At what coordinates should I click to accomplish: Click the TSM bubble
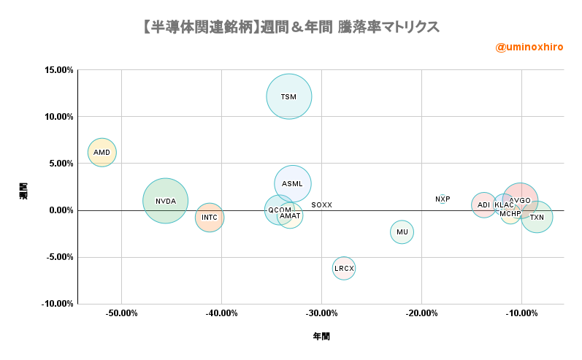tap(289, 96)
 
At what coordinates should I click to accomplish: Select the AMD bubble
tap(102, 152)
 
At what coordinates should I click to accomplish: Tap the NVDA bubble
tap(165, 201)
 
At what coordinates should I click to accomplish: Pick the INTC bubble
tap(210, 218)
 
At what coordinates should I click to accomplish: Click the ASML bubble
tap(293, 183)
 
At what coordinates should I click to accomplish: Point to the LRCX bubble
tap(344, 268)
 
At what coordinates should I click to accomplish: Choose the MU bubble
tap(402, 232)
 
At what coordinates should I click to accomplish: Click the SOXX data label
tap(321, 205)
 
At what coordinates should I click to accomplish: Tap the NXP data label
tap(443, 199)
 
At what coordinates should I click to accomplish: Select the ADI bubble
tap(483, 205)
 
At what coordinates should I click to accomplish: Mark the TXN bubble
tap(537, 218)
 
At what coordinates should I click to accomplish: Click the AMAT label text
tap(290, 216)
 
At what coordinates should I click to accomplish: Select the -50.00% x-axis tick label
tap(122, 314)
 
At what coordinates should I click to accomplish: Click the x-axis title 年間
tap(321, 337)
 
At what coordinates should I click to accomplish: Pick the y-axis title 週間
tap(23, 191)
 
